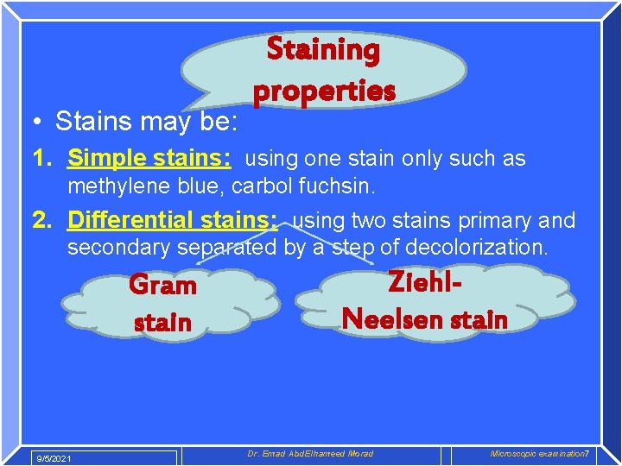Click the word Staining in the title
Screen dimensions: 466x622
click(323, 50)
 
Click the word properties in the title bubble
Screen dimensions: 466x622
click(323, 90)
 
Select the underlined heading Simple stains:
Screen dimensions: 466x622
click(149, 159)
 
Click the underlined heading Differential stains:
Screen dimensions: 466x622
click(173, 221)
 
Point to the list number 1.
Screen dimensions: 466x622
click(41, 159)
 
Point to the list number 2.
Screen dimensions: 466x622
click(41, 221)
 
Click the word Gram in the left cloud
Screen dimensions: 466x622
click(162, 285)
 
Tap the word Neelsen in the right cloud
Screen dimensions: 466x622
click(390, 319)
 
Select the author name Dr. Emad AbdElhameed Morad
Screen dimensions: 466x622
click(310, 454)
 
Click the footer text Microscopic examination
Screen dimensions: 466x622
click(536, 454)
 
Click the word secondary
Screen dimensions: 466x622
click(119, 248)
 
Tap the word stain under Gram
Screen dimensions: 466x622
click(162, 323)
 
